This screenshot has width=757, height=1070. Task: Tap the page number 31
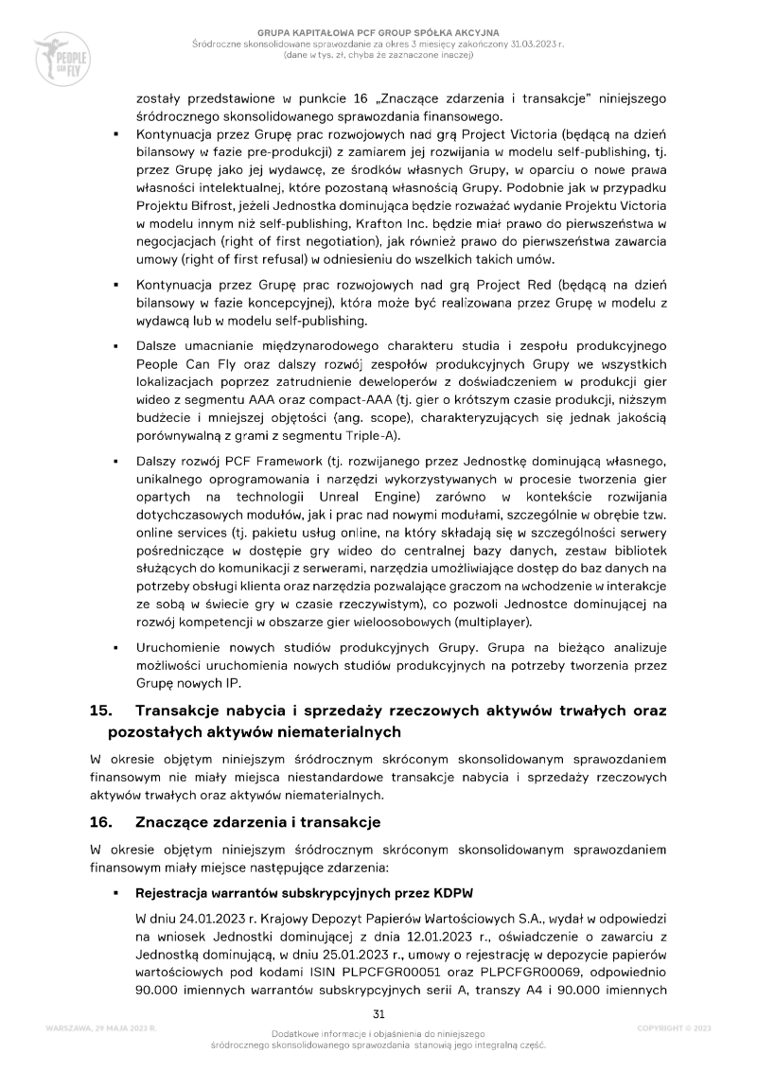tap(378, 1012)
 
